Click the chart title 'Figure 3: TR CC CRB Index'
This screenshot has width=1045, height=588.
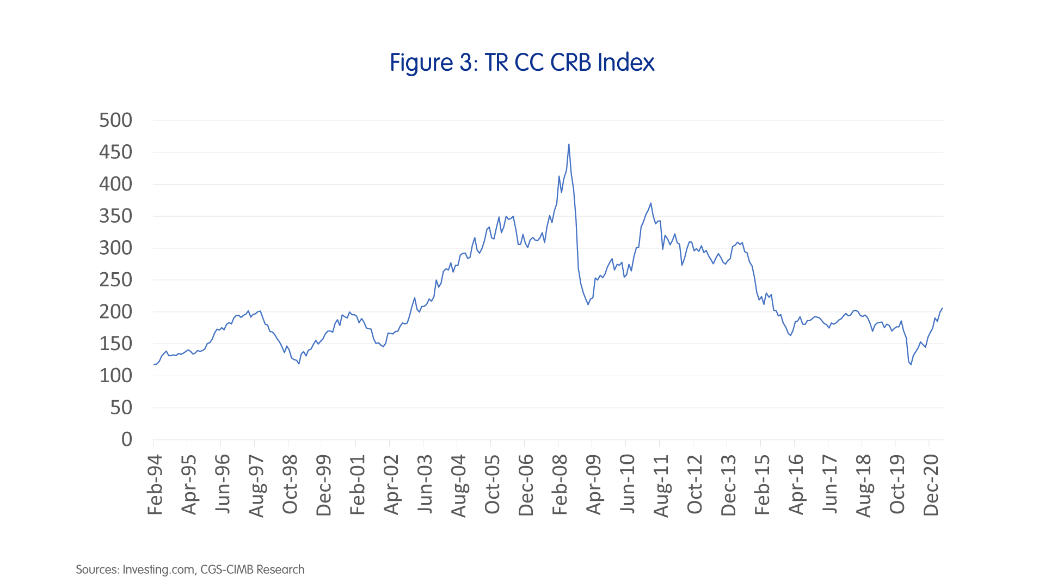pyautogui.click(x=522, y=63)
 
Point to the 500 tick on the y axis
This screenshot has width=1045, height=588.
pyautogui.click(x=115, y=120)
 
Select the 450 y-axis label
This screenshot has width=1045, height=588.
pyautogui.click(x=115, y=152)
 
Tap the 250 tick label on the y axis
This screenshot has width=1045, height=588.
pyautogui.click(x=115, y=280)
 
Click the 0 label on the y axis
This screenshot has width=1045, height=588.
pyautogui.click(x=127, y=439)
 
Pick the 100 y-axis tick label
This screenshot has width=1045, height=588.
pyautogui.click(x=115, y=376)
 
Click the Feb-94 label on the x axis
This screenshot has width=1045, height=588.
pyautogui.click(x=155, y=485)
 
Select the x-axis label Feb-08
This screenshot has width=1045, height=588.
pyautogui.click(x=560, y=485)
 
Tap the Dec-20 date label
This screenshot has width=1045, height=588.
pyautogui.click(x=931, y=485)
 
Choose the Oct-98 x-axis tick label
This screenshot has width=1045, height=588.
pyautogui.click(x=290, y=485)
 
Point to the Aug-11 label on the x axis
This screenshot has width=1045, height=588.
pyautogui.click(x=661, y=485)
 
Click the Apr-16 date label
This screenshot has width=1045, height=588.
pyautogui.click(x=796, y=485)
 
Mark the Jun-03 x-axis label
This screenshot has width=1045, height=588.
pyautogui.click(x=425, y=485)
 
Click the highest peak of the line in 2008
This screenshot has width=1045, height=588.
pyautogui.click(x=569, y=144)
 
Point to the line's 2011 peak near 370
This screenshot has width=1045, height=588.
pyautogui.click(x=651, y=204)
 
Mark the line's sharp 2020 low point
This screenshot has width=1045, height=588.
pyautogui.click(x=911, y=364)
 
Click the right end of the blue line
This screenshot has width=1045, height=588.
pyautogui.click(x=943, y=308)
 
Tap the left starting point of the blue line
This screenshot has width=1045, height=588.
pyautogui.click(x=154, y=364)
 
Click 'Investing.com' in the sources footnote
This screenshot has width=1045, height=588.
pyautogui.click(x=158, y=569)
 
